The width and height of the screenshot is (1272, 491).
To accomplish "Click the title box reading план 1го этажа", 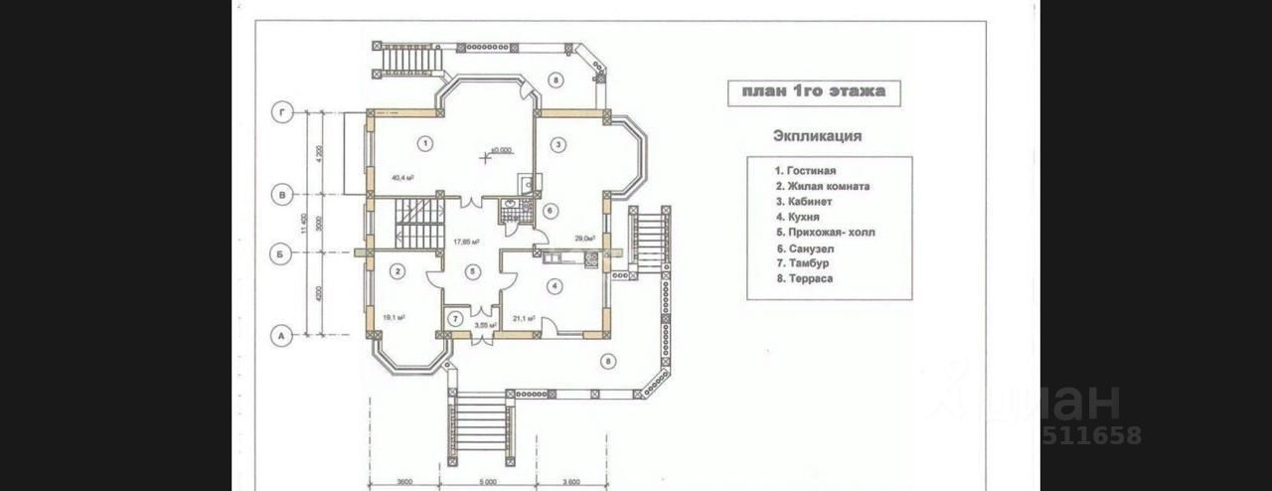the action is click(813, 92).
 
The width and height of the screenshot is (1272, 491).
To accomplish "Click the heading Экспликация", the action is click(817, 136).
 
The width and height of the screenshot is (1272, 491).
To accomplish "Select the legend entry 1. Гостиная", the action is click(806, 171).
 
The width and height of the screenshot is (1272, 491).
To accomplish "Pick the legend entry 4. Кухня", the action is click(798, 217).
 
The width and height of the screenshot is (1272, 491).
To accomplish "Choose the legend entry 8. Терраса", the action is click(805, 279).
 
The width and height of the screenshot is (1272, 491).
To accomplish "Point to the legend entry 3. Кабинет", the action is click(804, 202).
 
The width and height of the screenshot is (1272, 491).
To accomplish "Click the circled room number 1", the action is click(425, 143).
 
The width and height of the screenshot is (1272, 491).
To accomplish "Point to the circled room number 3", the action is click(558, 144).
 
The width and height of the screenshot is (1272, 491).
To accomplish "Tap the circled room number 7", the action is click(455, 319).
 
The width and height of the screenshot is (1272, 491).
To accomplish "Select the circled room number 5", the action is click(473, 270).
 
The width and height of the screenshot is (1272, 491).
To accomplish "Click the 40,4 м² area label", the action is click(402, 178).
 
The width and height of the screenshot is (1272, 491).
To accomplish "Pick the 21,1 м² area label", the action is click(524, 319).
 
